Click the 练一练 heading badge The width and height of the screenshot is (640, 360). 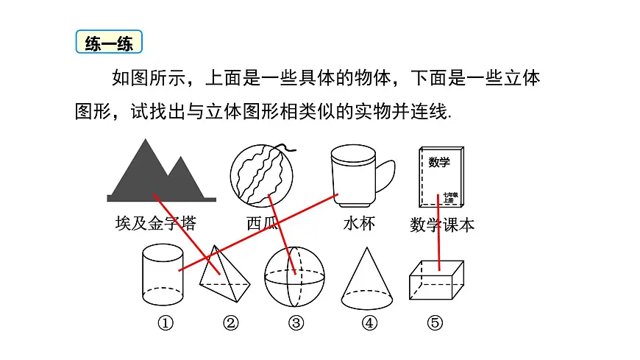109,42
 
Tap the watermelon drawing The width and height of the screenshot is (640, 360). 262,175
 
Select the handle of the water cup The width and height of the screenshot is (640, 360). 385,176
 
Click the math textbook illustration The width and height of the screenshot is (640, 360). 441,177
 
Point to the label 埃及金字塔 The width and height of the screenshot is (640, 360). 156,224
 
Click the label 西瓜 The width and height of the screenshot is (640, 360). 263,224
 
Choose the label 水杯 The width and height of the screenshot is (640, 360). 359,224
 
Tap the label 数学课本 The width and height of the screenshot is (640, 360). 442,225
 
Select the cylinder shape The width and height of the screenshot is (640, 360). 163,275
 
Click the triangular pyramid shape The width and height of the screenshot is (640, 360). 224,275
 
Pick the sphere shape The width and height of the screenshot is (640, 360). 294,277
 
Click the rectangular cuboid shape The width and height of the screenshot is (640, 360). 436,280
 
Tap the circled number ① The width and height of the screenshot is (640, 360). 166,323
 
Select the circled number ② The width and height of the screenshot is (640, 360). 230,323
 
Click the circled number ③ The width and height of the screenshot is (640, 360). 296,323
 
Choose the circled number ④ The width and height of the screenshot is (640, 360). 369,323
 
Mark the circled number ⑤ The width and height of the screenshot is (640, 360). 435,323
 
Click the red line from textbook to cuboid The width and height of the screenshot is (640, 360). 438,233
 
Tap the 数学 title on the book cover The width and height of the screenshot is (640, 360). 439,162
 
